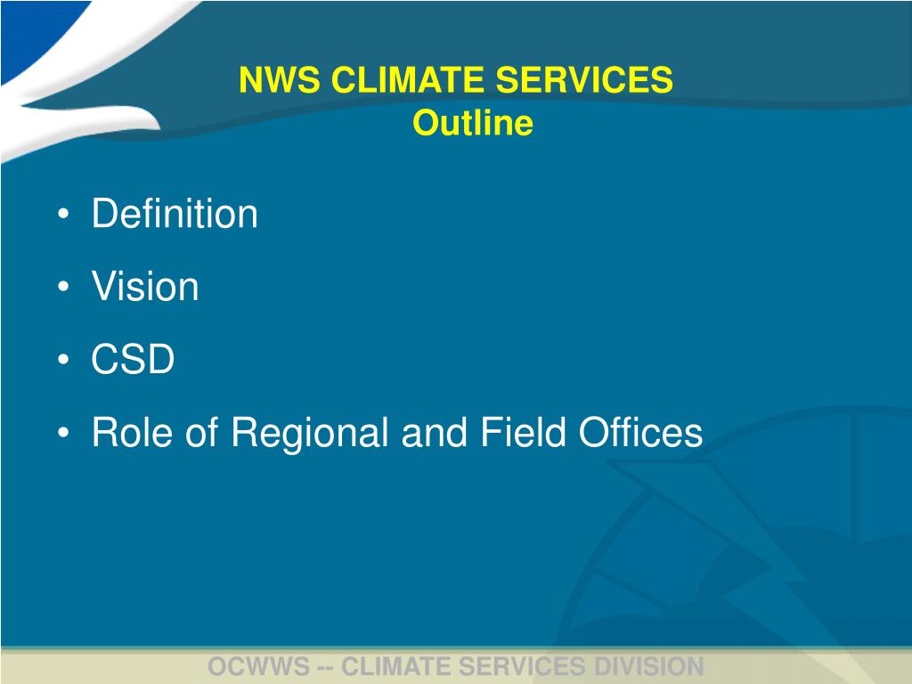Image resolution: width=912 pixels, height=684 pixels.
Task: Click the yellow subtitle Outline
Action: pos(472,123)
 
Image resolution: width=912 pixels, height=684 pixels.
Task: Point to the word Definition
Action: pos(175,215)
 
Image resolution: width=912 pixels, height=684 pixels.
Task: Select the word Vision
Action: pos(145,288)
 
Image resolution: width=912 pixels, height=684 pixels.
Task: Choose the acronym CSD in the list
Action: pos(133,361)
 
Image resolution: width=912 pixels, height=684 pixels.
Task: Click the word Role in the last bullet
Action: pos(128,434)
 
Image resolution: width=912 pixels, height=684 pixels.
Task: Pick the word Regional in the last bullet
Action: pos(310,434)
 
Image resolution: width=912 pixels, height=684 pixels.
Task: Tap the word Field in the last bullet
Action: pos(524,434)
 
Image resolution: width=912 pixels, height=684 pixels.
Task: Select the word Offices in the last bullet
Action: pos(640,434)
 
